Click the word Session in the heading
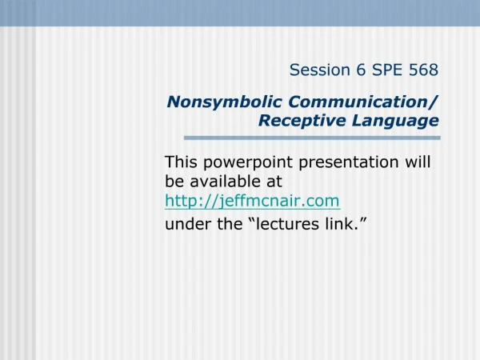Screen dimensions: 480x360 pyautogui.click(x=320, y=70)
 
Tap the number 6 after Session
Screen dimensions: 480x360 pyautogui.click(x=361, y=70)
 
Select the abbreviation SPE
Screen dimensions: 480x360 pyautogui.click(x=387, y=70)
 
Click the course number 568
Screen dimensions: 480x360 pyautogui.click(x=424, y=70)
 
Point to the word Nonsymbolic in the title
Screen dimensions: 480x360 pyautogui.click(x=224, y=102)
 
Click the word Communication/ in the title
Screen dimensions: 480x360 pyautogui.click(x=363, y=102)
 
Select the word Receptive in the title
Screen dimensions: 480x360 pyautogui.click(x=302, y=120)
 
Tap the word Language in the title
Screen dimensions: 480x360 pyautogui.click(x=395, y=121)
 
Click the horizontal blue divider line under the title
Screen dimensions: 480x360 pyautogui.click(x=312, y=138)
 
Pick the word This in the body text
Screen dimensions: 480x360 pyautogui.click(x=181, y=162)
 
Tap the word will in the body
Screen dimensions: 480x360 pyautogui.click(x=418, y=162)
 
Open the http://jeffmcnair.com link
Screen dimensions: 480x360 pyautogui.click(x=253, y=202)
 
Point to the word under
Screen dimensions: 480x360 pyautogui.click(x=188, y=224)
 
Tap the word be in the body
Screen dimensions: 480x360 pyautogui.click(x=174, y=182)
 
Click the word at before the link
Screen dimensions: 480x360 pyautogui.click(x=274, y=182)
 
